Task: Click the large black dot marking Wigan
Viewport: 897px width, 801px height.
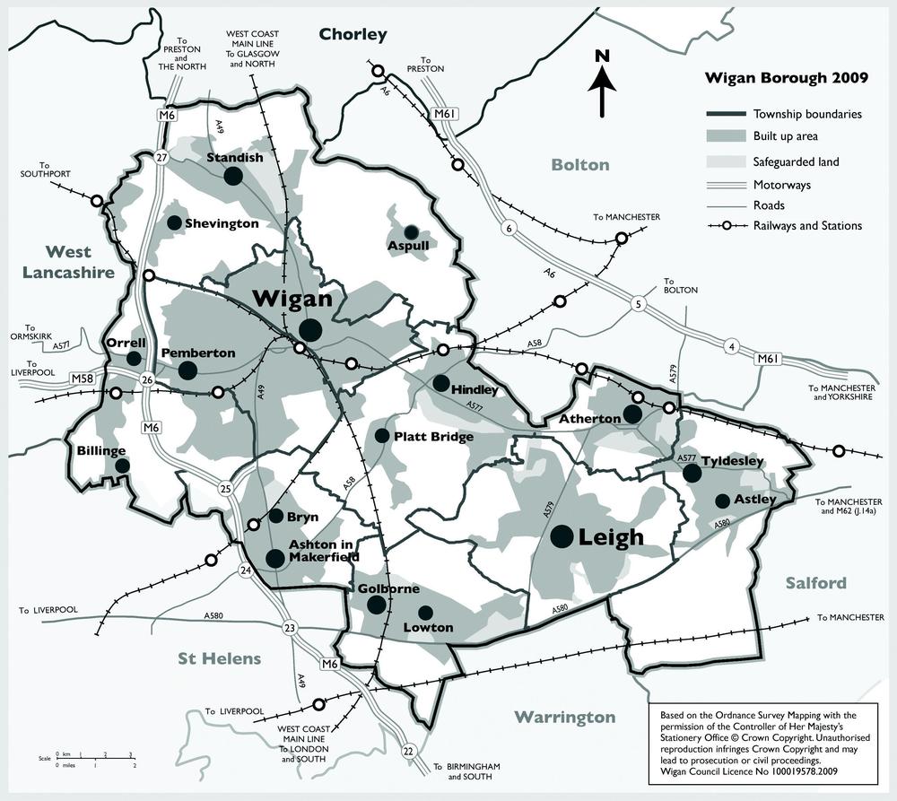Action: (310, 330)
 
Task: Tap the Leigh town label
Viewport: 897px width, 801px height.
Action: (612, 537)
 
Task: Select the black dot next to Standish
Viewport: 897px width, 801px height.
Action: (233, 177)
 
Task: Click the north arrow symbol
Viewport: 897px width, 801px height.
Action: (602, 83)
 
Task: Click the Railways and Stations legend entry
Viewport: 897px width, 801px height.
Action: (807, 225)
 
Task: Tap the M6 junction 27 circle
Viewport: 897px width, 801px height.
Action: (162, 157)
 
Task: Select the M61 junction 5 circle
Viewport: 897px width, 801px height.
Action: (639, 302)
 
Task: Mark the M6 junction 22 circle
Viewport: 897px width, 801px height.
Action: (409, 750)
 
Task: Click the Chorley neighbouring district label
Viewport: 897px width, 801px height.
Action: (353, 35)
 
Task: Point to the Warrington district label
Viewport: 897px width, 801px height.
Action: (565, 717)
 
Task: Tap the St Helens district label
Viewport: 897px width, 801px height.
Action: (219, 658)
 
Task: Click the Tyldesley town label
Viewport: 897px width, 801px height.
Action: (732, 461)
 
